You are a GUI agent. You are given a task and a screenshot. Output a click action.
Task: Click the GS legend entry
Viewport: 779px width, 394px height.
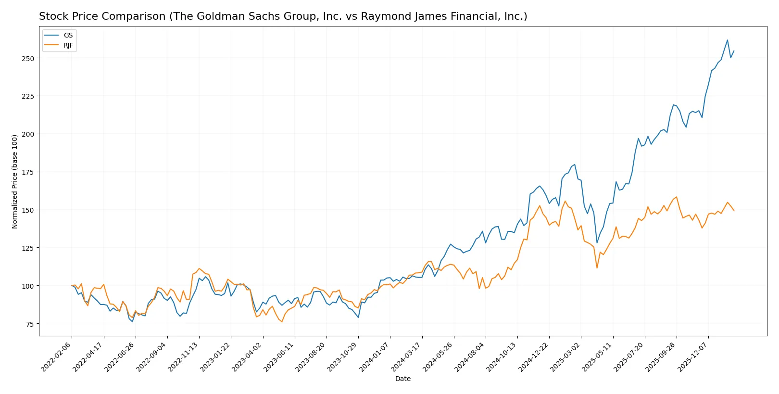[x=68, y=35]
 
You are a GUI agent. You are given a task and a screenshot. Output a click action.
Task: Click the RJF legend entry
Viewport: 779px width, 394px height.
[x=68, y=45]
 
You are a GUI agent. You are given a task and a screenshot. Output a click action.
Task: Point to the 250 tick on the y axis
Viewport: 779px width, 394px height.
[x=28, y=58]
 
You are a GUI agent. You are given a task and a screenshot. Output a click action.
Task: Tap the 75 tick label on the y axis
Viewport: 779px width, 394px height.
[x=30, y=324]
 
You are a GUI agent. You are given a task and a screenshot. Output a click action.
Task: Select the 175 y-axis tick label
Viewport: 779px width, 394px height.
[x=28, y=172]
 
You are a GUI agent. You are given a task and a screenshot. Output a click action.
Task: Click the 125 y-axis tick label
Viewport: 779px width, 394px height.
[x=28, y=248]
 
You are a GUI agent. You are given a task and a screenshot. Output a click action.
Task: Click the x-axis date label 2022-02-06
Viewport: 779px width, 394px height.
[x=57, y=356]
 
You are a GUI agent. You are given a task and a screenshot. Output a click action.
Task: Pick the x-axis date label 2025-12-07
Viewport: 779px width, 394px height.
[x=693, y=356]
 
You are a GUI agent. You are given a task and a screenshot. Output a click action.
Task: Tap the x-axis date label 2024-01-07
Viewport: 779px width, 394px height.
[x=375, y=356]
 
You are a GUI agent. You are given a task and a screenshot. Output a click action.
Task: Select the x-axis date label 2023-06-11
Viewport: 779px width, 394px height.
[x=279, y=356]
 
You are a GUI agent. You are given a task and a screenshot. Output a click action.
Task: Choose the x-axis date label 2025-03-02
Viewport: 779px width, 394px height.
[x=565, y=356]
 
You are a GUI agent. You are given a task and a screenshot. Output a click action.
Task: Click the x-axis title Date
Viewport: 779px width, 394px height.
[x=402, y=379]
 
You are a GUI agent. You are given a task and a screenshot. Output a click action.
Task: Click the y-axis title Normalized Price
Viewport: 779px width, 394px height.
[x=15, y=181]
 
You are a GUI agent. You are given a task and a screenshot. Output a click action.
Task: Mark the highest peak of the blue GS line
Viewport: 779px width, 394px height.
[x=727, y=40]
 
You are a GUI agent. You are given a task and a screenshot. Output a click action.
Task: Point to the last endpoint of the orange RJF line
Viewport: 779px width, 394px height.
[x=734, y=210]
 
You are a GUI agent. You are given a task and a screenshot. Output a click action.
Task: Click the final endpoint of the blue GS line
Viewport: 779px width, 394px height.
[x=734, y=51]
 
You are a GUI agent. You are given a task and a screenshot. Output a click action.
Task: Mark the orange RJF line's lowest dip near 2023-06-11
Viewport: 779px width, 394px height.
[x=282, y=321]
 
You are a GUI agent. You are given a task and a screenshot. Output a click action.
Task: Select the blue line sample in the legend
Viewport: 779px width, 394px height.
[x=51, y=35]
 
